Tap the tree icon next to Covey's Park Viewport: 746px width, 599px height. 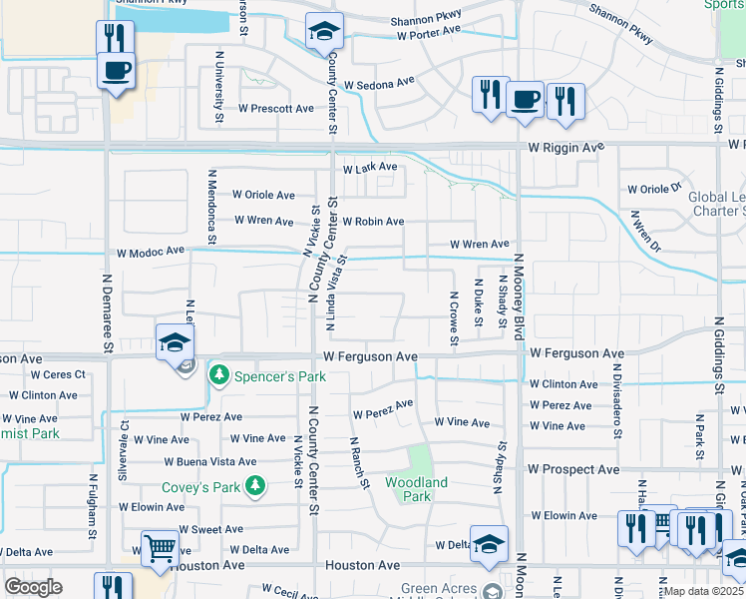(x=257, y=487)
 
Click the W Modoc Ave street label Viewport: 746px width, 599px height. (x=152, y=252)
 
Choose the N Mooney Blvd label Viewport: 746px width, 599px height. (x=519, y=298)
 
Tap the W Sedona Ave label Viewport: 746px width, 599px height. (x=379, y=84)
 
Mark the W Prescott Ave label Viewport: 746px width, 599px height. (x=275, y=108)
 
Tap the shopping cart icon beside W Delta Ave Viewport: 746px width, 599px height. (x=160, y=548)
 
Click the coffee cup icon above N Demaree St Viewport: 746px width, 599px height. (x=117, y=71)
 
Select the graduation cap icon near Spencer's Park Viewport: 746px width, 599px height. (x=175, y=341)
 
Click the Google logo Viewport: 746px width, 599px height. (x=33, y=587)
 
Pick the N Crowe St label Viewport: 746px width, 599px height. (x=454, y=319)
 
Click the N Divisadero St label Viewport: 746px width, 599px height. (x=617, y=407)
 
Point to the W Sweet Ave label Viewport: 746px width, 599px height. (x=210, y=529)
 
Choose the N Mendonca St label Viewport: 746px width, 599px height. (x=211, y=206)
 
